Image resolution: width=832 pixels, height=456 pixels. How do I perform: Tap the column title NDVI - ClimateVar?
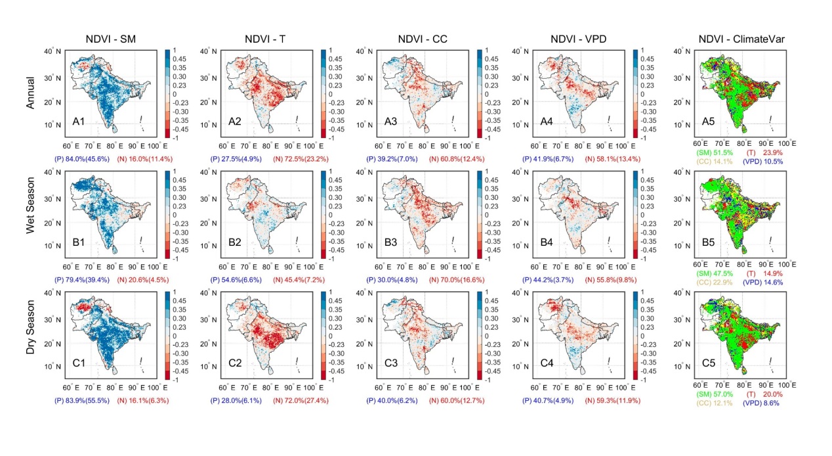pyautogui.click(x=734, y=37)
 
